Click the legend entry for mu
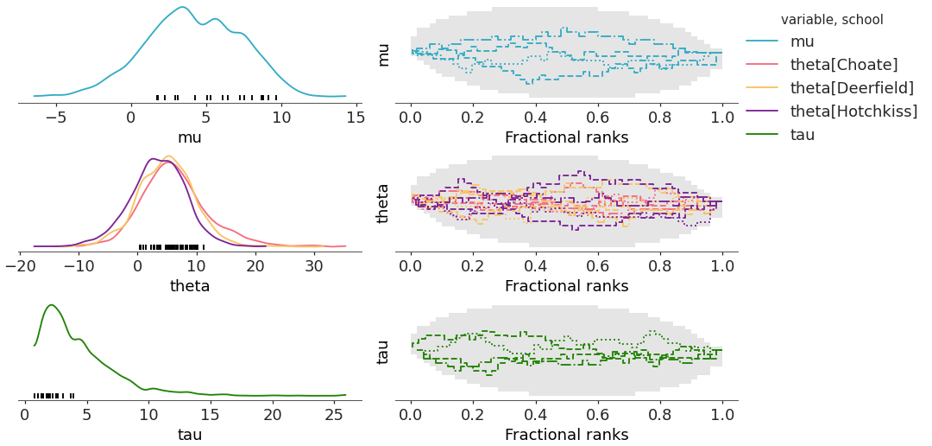tap(802, 41)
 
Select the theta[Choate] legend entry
tap(844, 65)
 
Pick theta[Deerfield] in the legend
tap(852, 88)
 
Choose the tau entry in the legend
tap(803, 135)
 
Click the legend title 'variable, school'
tap(832, 19)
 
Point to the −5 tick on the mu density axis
tap(56, 117)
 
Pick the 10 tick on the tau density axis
tap(148, 414)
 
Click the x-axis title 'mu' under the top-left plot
tap(190, 137)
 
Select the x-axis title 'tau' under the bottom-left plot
tap(190, 434)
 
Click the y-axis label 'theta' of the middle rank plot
tap(384, 203)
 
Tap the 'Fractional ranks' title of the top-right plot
tap(566, 137)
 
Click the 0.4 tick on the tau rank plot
tap(535, 414)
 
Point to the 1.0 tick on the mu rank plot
tap(721, 117)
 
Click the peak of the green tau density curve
tap(52, 305)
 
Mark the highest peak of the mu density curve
tap(182, 8)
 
